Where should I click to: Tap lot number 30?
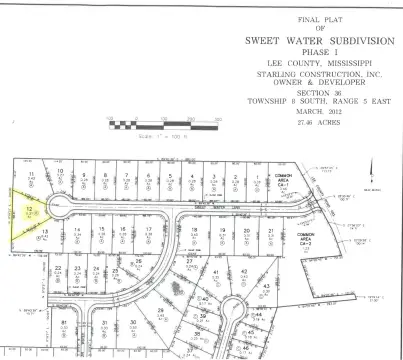pyautogui.click(x=132, y=322)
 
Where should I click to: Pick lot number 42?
pyautogui.click(x=243, y=272)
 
